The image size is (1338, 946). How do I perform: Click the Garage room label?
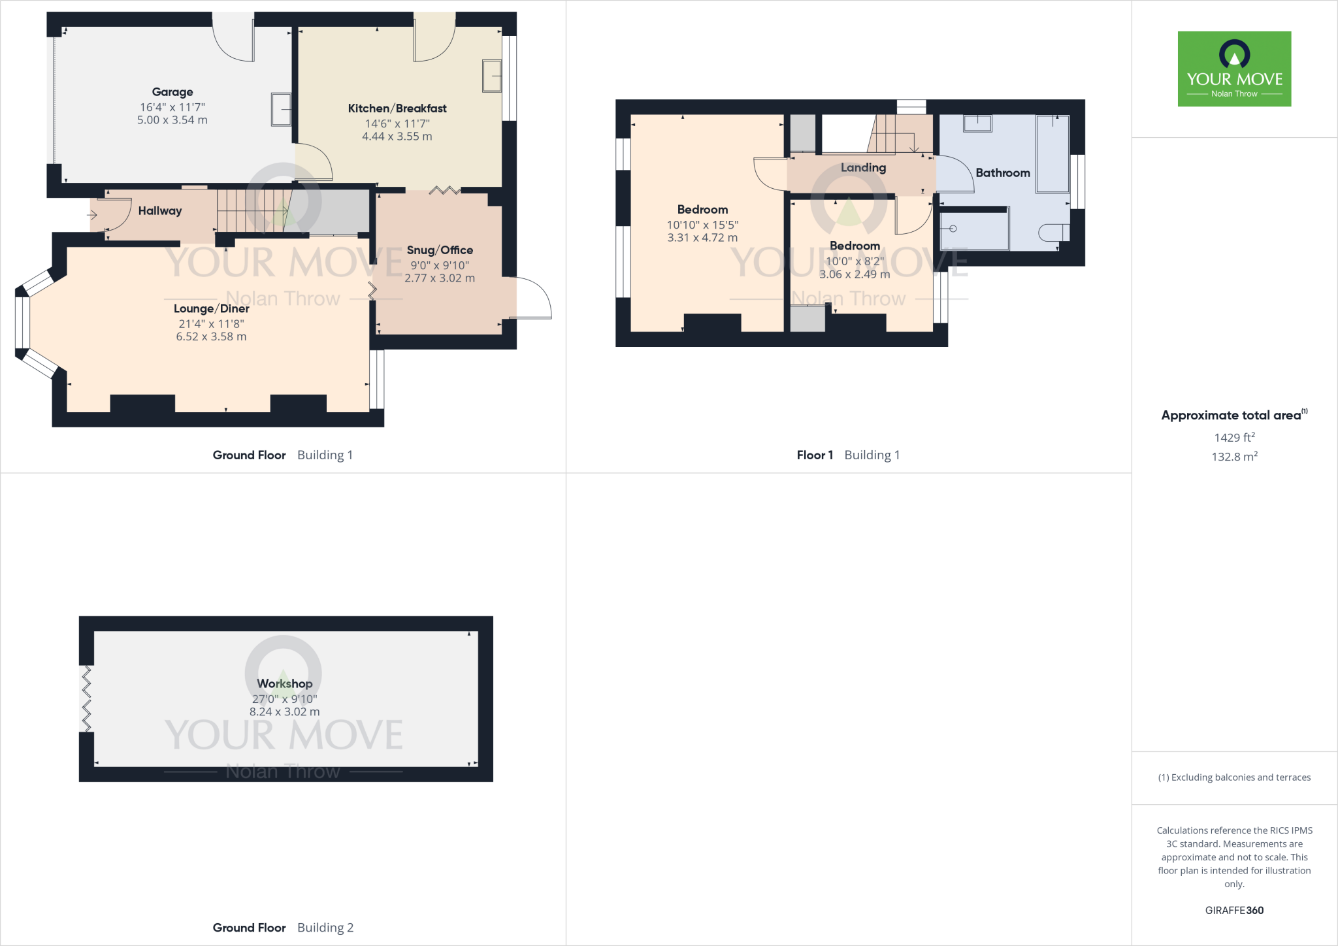172,92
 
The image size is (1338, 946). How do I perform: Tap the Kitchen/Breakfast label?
397,108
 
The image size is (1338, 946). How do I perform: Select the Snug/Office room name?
440,250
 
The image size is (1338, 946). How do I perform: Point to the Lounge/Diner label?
211,308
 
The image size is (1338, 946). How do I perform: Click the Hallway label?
160,210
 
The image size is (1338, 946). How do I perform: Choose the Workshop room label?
285,683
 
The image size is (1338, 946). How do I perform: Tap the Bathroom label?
1003,172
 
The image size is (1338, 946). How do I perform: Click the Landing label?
863,167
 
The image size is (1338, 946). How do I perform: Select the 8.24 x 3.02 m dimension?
285,711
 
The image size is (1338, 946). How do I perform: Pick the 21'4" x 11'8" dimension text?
211,323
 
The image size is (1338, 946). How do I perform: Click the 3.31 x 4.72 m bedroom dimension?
702,238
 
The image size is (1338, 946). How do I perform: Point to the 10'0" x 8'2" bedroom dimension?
855,261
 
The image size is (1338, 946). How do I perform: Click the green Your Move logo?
1234,69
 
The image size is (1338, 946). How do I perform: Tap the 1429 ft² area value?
1234,437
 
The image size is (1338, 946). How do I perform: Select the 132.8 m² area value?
1234,457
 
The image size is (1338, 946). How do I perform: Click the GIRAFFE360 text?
1234,910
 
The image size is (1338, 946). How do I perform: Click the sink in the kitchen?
491,76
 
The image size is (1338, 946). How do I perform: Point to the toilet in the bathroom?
1053,232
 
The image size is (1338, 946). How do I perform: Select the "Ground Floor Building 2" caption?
283,928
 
